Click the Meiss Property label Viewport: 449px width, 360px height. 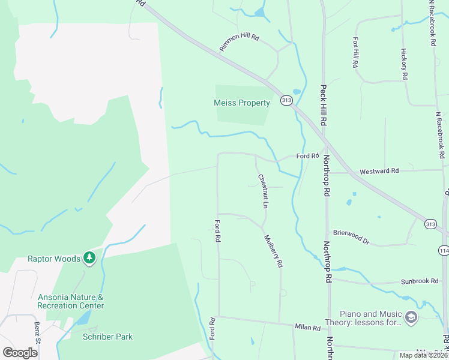point(242,103)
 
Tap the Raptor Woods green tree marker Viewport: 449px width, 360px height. point(89,258)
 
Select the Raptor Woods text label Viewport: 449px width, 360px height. point(54,259)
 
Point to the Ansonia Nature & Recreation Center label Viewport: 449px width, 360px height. point(71,301)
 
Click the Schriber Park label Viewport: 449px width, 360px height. point(107,337)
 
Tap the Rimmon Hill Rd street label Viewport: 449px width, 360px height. point(239,41)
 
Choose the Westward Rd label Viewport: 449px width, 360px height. point(379,171)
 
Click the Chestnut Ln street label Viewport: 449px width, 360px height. point(262,191)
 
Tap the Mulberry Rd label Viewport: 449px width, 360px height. point(273,251)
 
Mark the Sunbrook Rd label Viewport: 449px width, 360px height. point(420,281)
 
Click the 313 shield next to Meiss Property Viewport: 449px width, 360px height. point(286,101)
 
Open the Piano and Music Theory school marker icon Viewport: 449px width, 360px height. point(411,317)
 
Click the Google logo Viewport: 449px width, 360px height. point(20,352)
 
